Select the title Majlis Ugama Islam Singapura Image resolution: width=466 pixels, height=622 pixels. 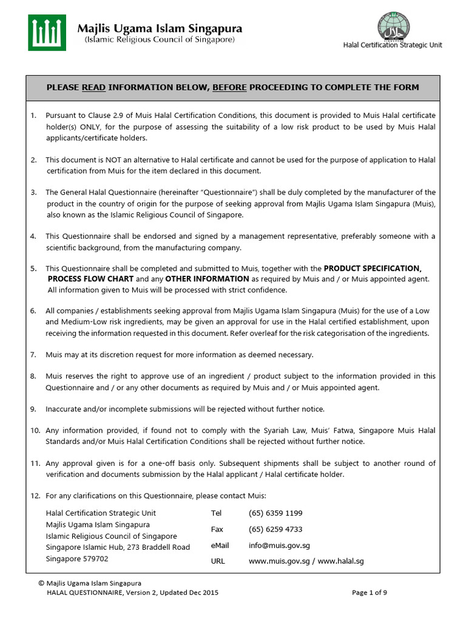pyautogui.click(x=160, y=29)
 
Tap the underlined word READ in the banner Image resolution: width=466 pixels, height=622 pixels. pyautogui.click(x=94, y=87)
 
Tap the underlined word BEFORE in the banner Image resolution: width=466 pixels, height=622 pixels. pyautogui.click(x=229, y=87)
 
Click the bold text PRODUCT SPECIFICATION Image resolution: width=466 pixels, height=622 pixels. pyautogui.click(x=373, y=268)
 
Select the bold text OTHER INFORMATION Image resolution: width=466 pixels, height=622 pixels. pyautogui.click(x=200, y=279)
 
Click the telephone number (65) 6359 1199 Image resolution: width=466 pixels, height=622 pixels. pyautogui.click(x=275, y=513)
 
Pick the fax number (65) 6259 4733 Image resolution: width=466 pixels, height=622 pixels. pyautogui.click(x=275, y=529)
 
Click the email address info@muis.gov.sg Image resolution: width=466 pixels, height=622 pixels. pyautogui.click(x=279, y=545)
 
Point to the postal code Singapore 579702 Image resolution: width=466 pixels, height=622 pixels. pyautogui.click(x=77, y=558)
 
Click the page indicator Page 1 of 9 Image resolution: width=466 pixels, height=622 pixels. pyautogui.click(x=373, y=592)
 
